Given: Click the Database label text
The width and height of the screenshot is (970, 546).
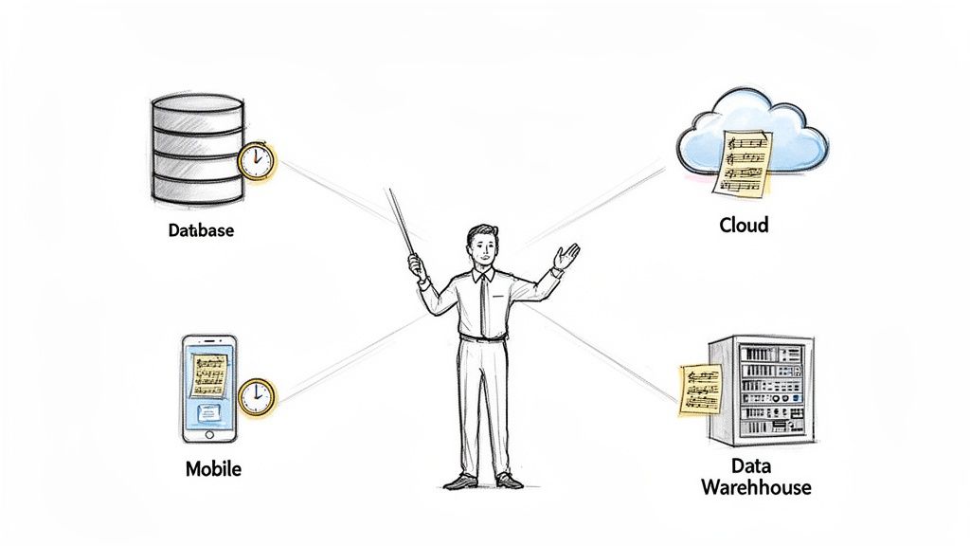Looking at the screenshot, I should [x=201, y=229].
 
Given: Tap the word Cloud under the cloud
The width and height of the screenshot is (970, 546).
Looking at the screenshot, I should [x=744, y=225].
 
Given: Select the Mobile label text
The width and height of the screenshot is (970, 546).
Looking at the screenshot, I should [x=213, y=468].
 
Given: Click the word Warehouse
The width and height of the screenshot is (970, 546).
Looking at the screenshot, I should [x=756, y=487].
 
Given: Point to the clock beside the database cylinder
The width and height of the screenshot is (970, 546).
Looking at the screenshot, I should [x=256, y=161].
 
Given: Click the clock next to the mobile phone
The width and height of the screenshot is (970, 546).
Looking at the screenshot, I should [x=256, y=396].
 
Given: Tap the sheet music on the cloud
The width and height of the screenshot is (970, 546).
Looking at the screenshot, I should [x=745, y=161].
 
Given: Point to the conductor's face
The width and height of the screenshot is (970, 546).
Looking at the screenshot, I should [x=483, y=248].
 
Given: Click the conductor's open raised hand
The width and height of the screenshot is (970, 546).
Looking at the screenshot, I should [x=566, y=256].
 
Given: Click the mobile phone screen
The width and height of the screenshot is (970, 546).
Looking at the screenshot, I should [x=209, y=389].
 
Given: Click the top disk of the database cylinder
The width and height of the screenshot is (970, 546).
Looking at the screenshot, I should [x=197, y=103].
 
